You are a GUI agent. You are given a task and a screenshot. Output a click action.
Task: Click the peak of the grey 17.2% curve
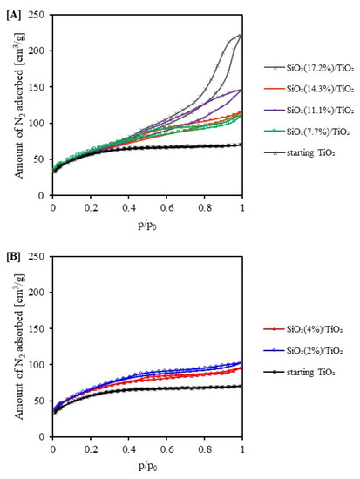[x=241, y=36]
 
